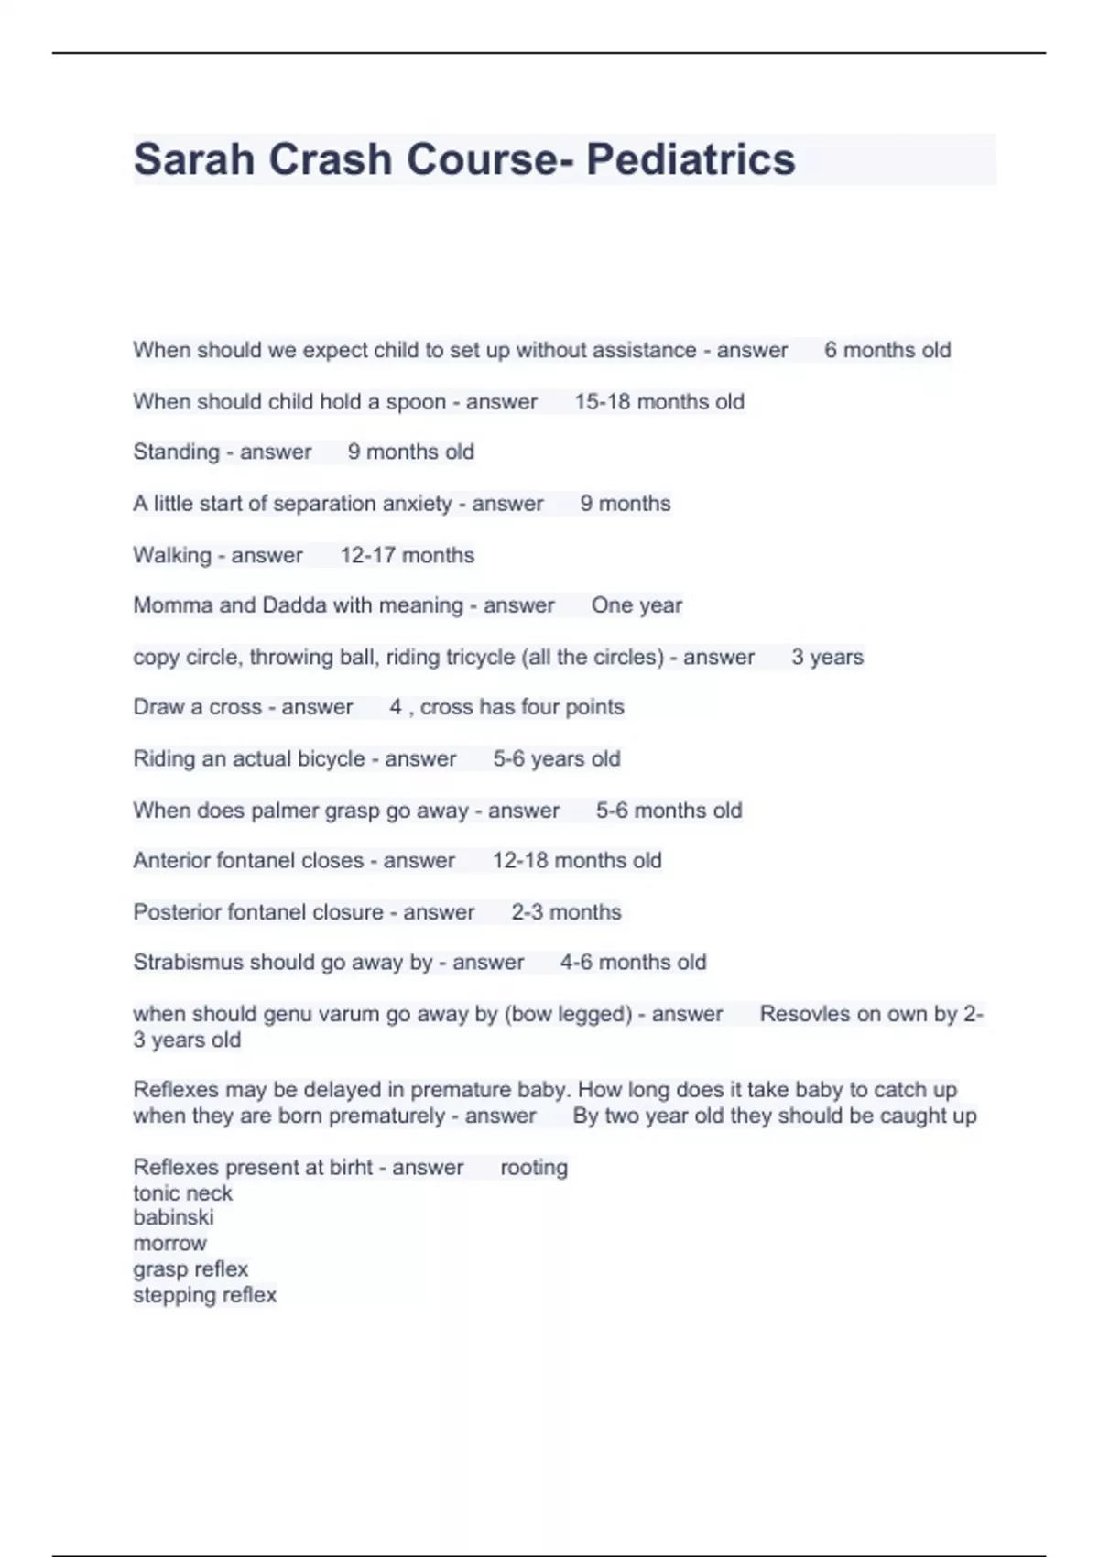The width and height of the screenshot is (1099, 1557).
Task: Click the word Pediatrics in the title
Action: click(691, 159)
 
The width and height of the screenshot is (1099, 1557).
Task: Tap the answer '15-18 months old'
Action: click(658, 402)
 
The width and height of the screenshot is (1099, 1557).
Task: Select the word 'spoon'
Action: click(416, 402)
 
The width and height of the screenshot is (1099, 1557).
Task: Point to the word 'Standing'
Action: click(176, 452)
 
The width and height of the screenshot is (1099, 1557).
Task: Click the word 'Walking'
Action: click(172, 555)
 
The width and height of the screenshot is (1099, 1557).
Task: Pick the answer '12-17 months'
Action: click(407, 555)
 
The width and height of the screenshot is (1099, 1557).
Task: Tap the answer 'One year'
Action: click(637, 605)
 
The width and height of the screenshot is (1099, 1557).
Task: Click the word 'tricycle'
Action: click(470, 658)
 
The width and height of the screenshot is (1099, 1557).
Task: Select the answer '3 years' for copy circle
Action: click(827, 658)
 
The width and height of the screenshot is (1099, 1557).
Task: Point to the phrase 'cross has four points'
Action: click(522, 707)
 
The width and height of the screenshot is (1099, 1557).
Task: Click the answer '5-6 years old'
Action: click(556, 759)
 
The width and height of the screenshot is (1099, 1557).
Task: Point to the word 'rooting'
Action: click(534, 1168)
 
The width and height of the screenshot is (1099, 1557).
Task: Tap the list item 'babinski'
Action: click(173, 1217)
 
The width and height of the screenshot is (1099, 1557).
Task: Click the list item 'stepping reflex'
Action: click(204, 1295)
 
